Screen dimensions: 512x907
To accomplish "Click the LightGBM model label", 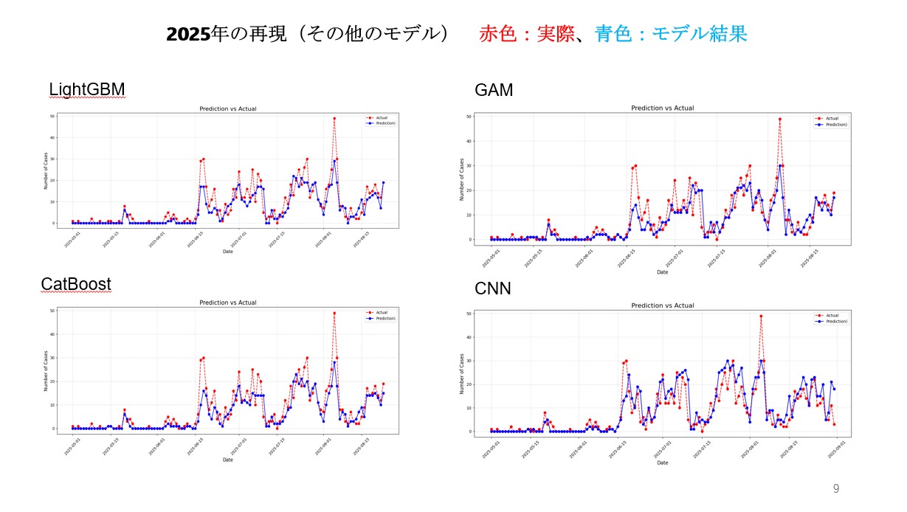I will pyautogui.click(x=87, y=90).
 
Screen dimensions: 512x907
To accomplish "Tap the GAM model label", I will pyautogui.click(x=494, y=90).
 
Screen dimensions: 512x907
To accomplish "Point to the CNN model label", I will pyautogui.click(x=492, y=288).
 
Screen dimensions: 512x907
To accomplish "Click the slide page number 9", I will pyautogui.click(x=836, y=488).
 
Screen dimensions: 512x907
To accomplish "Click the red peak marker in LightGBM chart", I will pyautogui.click(x=334, y=118).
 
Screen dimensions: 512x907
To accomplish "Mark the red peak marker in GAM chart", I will pyautogui.click(x=779, y=119).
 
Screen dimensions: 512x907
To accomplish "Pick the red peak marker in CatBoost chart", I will pyautogui.click(x=334, y=313).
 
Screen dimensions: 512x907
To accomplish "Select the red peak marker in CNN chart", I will pyautogui.click(x=761, y=316).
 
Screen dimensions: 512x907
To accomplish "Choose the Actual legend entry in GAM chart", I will pyautogui.click(x=831, y=118).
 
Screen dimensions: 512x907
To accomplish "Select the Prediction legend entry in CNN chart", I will pyautogui.click(x=835, y=322).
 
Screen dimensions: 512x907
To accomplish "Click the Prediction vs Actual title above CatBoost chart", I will pyautogui.click(x=228, y=302).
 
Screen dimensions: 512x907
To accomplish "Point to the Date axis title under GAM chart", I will pyautogui.click(x=663, y=272).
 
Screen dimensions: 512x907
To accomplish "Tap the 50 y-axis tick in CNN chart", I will pyautogui.click(x=480, y=314).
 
